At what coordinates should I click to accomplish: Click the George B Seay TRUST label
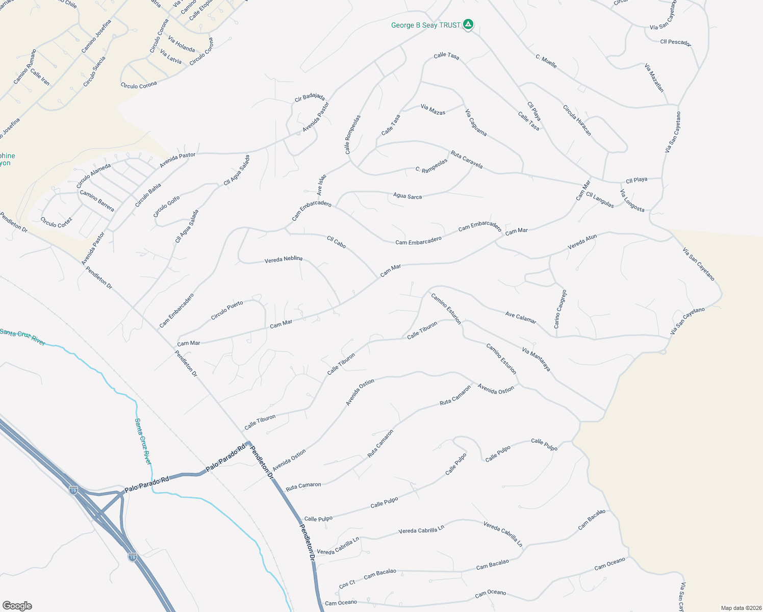pyautogui.click(x=425, y=25)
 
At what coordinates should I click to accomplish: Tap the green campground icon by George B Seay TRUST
pyautogui.click(x=468, y=24)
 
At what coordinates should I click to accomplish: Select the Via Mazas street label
pyautogui.click(x=433, y=109)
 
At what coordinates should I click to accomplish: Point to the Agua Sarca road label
pyautogui.click(x=407, y=195)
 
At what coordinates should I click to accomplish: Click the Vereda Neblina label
pyautogui.click(x=283, y=260)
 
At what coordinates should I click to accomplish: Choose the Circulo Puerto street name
pyautogui.click(x=227, y=311)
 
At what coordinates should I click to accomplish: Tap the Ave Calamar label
pyautogui.click(x=520, y=317)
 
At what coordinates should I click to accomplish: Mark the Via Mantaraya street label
pyautogui.click(x=536, y=359)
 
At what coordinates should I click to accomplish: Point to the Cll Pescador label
pyautogui.click(x=675, y=42)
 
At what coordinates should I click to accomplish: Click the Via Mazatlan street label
pyautogui.click(x=654, y=78)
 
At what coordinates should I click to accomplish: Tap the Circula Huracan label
pyautogui.click(x=577, y=120)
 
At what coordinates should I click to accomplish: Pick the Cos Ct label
pyautogui.click(x=347, y=584)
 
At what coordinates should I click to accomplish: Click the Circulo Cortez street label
pyautogui.click(x=56, y=222)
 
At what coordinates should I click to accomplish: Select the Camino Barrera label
pyautogui.click(x=97, y=200)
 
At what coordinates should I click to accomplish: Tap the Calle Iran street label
pyautogui.click(x=40, y=76)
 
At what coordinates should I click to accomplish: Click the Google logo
pyautogui.click(x=17, y=605)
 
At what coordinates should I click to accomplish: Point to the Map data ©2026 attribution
pyautogui.click(x=741, y=608)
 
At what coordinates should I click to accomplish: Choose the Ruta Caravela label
pyautogui.click(x=466, y=159)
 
